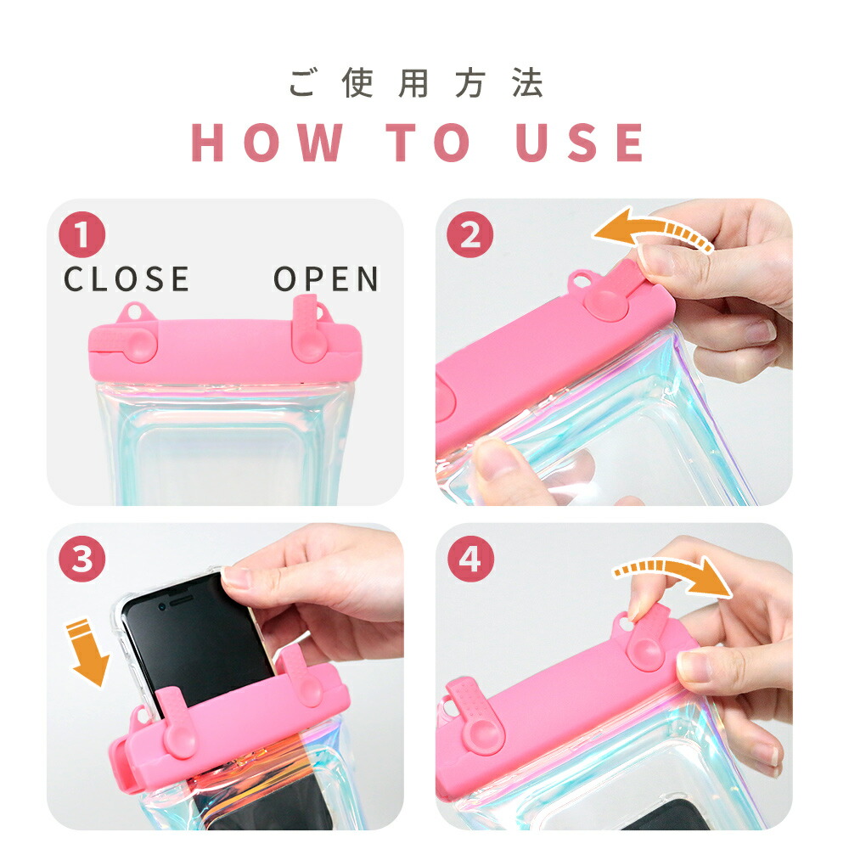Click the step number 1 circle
(82, 234)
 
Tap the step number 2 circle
(470, 234)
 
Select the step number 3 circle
(82, 559)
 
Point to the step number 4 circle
(470, 559)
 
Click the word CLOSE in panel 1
(127, 278)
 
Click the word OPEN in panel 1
(326, 278)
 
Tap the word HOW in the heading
(267, 142)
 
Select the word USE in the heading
(580, 142)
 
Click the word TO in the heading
(428, 142)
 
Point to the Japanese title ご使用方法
(416, 83)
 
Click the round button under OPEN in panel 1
(309, 343)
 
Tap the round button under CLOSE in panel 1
(140, 343)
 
